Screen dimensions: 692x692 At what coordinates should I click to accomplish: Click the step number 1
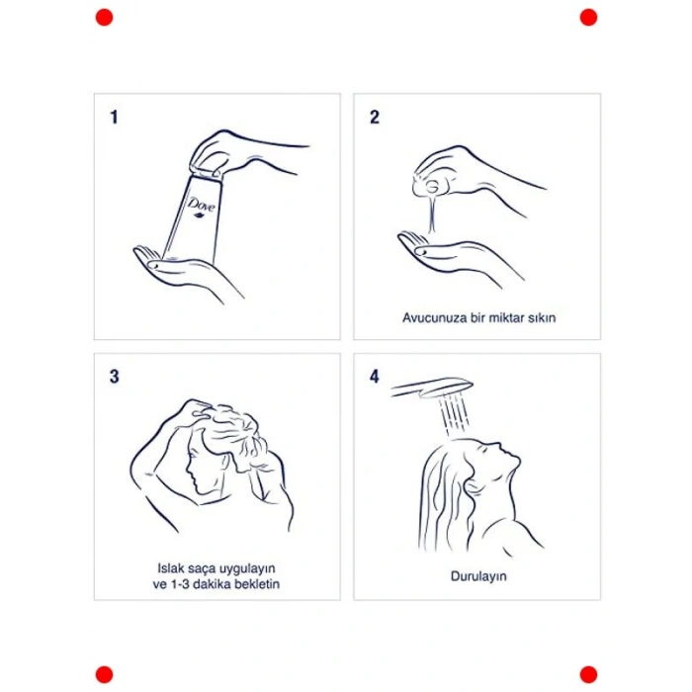pyautogui.click(x=114, y=117)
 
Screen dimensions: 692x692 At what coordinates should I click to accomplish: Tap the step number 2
pyautogui.click(x=375, y=117)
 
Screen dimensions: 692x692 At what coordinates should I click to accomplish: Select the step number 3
pyautogui.click(x=115, y=377)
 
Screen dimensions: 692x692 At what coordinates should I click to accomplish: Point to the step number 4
pyautogui.click(x=375, y=377)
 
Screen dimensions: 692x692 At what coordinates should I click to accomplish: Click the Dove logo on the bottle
pyautogui.click(x=202, y=207)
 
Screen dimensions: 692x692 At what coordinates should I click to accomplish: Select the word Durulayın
pyautogui.click(x=478, y=576)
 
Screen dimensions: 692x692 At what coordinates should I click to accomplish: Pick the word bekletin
pyautogui.click(x=257, y=584)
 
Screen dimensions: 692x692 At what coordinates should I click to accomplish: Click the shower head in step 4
pyautogui.click(x=433, y=388)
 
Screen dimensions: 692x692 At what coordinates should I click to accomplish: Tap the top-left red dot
pyautogui.click(x=104, y=18)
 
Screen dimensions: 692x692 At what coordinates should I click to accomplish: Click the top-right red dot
pyautogui.click(x=588, y=18)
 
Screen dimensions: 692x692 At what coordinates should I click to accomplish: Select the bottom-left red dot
pyautogui.click(x=104, y=675)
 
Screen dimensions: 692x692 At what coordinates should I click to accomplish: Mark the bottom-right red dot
pyautogui.click(x=588, y=675)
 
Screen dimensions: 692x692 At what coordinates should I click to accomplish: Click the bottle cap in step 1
pyautogui.click(x=206, y=172)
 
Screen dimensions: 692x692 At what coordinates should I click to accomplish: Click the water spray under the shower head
pyautogui.click(x=454, y=415)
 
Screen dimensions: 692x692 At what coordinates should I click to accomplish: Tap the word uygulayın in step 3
pyautogui.click(x=247, y=568)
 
